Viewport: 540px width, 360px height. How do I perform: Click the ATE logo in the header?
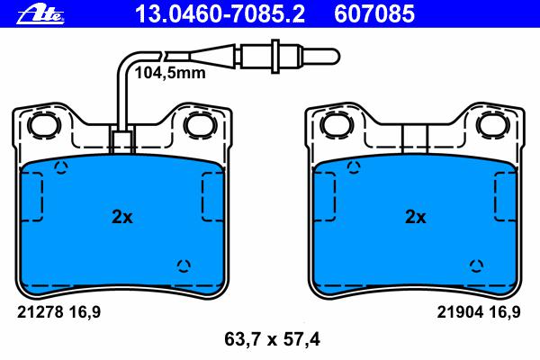[x=40, y=14]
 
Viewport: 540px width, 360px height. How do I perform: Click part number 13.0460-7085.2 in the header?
[x=220, y=13]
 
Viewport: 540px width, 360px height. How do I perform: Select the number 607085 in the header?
[x=374, y=13]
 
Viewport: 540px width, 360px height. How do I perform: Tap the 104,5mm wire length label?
[x=170, y=73]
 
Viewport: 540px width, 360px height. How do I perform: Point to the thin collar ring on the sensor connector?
[x=274, y=56]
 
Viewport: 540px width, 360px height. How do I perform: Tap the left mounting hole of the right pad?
[x=337, y=124]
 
